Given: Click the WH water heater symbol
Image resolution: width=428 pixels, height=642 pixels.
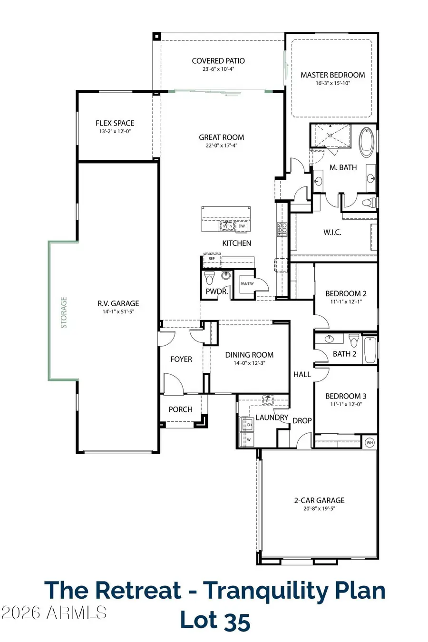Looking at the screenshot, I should click(x=370, y=442).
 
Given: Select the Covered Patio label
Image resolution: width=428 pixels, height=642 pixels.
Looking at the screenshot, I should click(x=218, y=61).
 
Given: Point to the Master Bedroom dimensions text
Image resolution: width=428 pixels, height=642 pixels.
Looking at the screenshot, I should click(x=332, y=83).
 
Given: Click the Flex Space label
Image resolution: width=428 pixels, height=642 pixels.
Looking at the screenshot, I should click(x=115, y=123).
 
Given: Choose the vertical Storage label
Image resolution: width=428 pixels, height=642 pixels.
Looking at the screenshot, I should click(x=64, y=312).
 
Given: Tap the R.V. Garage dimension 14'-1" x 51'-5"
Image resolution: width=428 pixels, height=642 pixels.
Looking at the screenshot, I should click(x=118, y=312).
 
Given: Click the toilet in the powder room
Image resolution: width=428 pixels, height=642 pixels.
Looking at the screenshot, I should click(x=210, y=277).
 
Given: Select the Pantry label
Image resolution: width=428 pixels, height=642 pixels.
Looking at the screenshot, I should click(x=247, y=284).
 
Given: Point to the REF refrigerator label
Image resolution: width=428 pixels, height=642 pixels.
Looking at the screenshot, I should click(x=212, y=259).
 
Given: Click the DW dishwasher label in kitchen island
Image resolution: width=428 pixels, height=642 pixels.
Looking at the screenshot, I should click(x=242, y=226).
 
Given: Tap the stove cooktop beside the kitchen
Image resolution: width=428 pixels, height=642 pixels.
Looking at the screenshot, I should click(x=282, y=229).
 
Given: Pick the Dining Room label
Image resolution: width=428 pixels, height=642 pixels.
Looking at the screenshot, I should click(x=249, y=355).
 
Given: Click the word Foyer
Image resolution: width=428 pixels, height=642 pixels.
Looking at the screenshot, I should click(x=181, y=359).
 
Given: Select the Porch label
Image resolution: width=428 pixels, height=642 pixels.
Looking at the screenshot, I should click(x=181, y=409).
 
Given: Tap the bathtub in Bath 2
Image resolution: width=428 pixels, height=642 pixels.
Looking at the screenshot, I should click(x=370, y=350).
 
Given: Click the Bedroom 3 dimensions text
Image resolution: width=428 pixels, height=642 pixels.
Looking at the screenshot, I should click(x=346, y=405).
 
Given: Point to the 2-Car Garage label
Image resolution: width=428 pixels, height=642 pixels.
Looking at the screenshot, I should click(x=319, y=500).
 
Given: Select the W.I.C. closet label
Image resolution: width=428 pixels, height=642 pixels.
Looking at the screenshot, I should click(x=332, y=233).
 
